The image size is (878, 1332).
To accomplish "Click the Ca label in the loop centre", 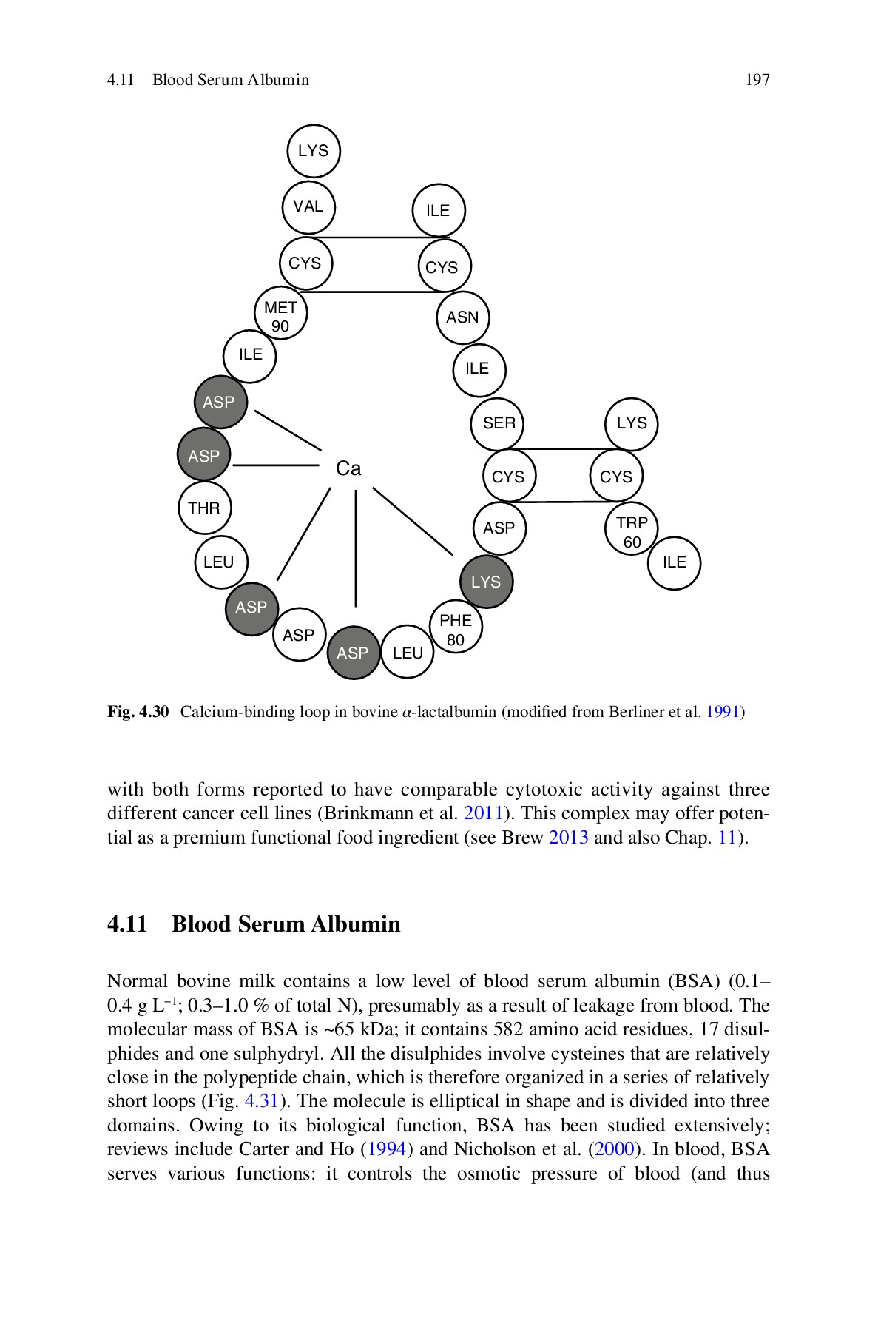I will click(348, 468).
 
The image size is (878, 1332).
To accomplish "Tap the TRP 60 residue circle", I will click(631, 531).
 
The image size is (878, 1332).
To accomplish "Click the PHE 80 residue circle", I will click(456, 629).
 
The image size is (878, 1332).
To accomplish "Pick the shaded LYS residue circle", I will click(486, 582).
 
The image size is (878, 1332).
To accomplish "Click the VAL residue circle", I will click(308, 206).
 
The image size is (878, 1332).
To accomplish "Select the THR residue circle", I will click(204, 508).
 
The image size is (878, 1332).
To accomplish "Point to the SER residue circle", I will click(498, 423).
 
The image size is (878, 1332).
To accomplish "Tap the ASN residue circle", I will click(462, 317).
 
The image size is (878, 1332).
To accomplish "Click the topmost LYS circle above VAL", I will click(313, 151).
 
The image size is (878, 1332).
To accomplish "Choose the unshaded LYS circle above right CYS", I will click(632, 423).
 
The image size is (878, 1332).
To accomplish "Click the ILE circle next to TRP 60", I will click(674, 562).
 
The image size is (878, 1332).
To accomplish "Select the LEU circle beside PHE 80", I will click(408, 653).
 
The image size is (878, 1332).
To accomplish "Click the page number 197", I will click(757, 80).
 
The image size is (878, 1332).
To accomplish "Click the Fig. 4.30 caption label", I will click(138, 713).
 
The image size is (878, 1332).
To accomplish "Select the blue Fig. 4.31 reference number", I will click(260, 1101).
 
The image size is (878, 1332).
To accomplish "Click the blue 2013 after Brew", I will click(568, 838).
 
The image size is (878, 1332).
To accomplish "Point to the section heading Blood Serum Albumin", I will click(286, 924).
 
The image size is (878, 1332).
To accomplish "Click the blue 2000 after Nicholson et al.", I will click(615, 1149).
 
